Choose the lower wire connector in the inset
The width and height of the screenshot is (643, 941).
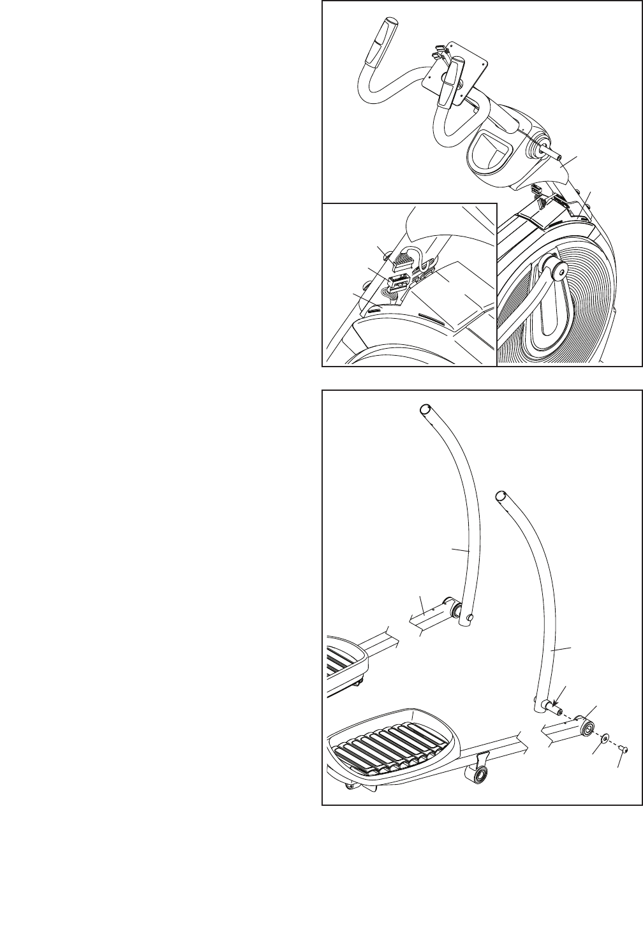pyautogui.click(x=399, y=281)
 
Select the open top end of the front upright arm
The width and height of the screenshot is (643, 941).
pyautogui.click(x=502, y=495)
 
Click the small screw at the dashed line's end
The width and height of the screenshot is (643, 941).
pyautogui.click(x=623, y=751)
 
